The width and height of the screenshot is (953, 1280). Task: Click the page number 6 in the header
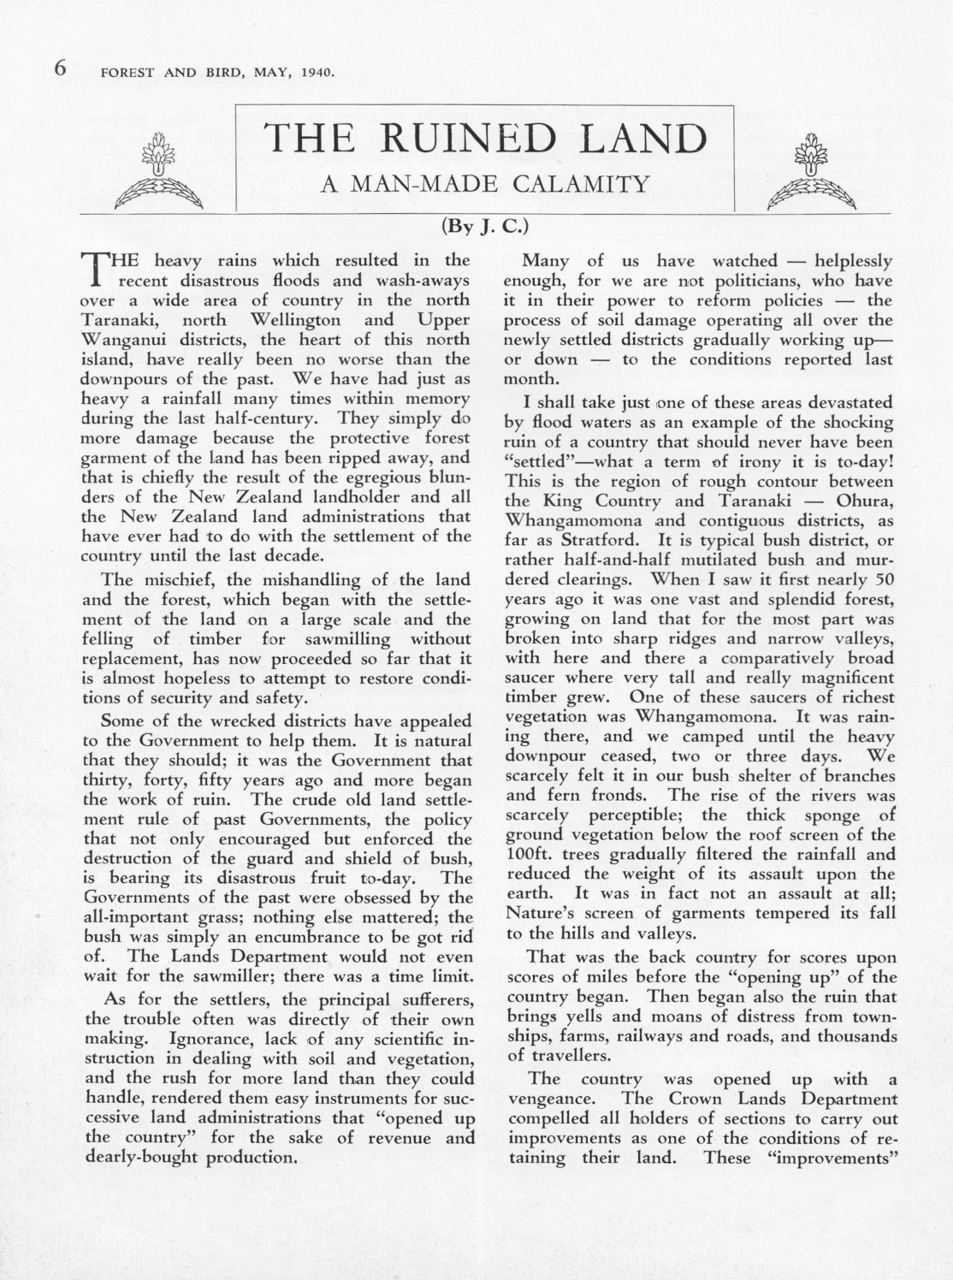61,68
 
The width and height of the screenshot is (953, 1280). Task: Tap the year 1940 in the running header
315,72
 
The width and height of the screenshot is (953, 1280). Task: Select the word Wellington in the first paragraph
290,320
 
